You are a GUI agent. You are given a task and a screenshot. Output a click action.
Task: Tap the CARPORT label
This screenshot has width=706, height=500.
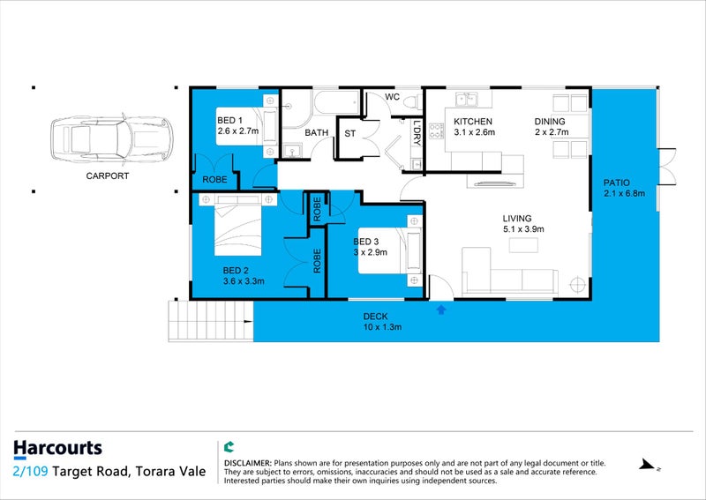107,176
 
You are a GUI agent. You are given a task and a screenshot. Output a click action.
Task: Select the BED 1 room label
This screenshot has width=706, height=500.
229,121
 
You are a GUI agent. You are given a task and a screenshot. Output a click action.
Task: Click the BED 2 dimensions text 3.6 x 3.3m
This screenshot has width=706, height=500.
244,281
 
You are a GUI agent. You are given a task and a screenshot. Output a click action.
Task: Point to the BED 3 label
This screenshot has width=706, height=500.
367,242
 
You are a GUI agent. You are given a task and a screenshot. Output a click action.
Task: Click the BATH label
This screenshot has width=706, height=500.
316,133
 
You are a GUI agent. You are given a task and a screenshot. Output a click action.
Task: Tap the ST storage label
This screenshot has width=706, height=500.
349,134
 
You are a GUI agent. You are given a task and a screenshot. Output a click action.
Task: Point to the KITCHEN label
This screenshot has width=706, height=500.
472,122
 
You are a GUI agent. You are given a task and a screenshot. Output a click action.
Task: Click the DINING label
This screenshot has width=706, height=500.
549,122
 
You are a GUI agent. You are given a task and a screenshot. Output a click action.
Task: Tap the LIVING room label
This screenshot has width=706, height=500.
517,218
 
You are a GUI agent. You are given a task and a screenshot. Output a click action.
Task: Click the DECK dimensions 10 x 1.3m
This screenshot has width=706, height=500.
382,327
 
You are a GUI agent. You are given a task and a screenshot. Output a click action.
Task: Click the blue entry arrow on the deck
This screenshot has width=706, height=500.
441,309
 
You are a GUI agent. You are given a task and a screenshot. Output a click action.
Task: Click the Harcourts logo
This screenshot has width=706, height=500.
57,449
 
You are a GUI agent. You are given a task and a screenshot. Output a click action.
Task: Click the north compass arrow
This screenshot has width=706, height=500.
650,466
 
